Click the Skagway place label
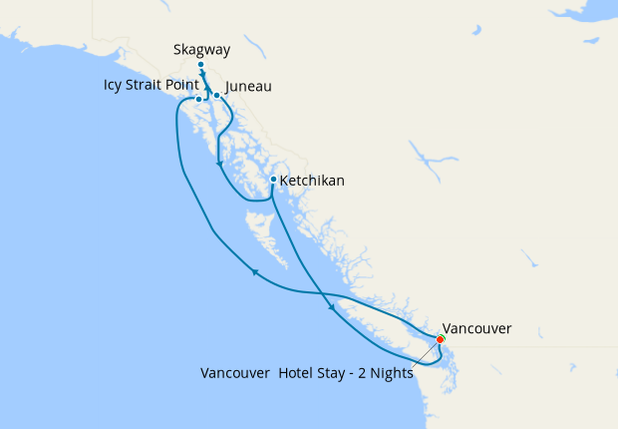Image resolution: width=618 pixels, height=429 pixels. click(x=200, y=49)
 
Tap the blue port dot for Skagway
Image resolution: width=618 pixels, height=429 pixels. click(x=201, y=65)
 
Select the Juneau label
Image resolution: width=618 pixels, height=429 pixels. click(x=249, y=87)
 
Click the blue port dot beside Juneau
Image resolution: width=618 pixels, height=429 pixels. click(x=216, y=96)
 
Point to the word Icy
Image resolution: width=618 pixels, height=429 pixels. click(x=115, y=85)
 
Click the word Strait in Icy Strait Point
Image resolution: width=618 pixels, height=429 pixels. click(x=148, y=85)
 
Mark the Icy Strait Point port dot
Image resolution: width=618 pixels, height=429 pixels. click(x=199, y=99)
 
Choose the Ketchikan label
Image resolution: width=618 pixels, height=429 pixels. click(x=312, y=181)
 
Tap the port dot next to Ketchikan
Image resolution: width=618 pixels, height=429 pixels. click(x=274, y=180)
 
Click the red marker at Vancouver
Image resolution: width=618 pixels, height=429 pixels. click(x=441, y=339)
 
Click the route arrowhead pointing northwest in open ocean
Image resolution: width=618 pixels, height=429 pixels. click(x=255, y=270)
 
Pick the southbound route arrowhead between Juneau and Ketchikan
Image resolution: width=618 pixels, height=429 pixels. click(x=218, y=165)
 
